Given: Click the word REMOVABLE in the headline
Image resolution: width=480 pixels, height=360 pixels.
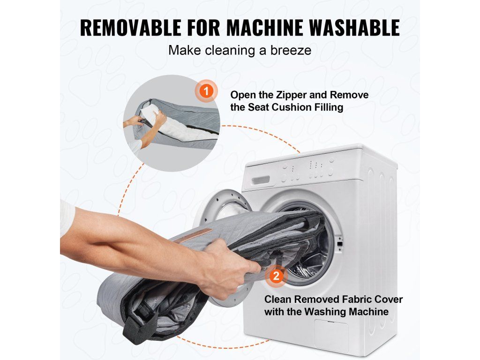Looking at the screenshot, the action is click(131, 28).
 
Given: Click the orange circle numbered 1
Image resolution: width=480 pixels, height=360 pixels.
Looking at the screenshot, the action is click(207, 91).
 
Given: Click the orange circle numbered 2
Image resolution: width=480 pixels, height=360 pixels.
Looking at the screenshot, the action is click(277, 277).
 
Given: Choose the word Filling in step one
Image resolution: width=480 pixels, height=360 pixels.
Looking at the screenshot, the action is click(330, 107).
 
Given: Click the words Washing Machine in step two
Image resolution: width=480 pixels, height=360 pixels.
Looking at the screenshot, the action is click(346, 312).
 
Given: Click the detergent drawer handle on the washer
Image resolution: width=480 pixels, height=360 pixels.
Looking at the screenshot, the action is click(261, 180).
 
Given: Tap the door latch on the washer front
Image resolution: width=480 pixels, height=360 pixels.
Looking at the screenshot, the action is click(339, 244).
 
